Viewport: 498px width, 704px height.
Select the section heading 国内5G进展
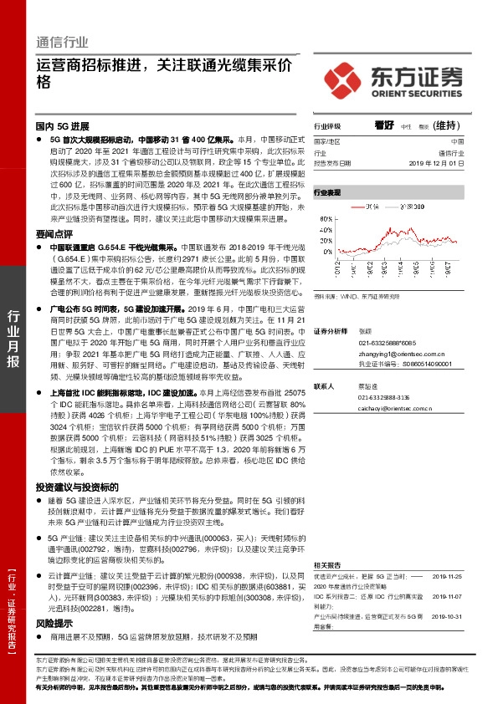click(60, 123)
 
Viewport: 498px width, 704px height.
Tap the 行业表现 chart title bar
click(328, 191)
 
